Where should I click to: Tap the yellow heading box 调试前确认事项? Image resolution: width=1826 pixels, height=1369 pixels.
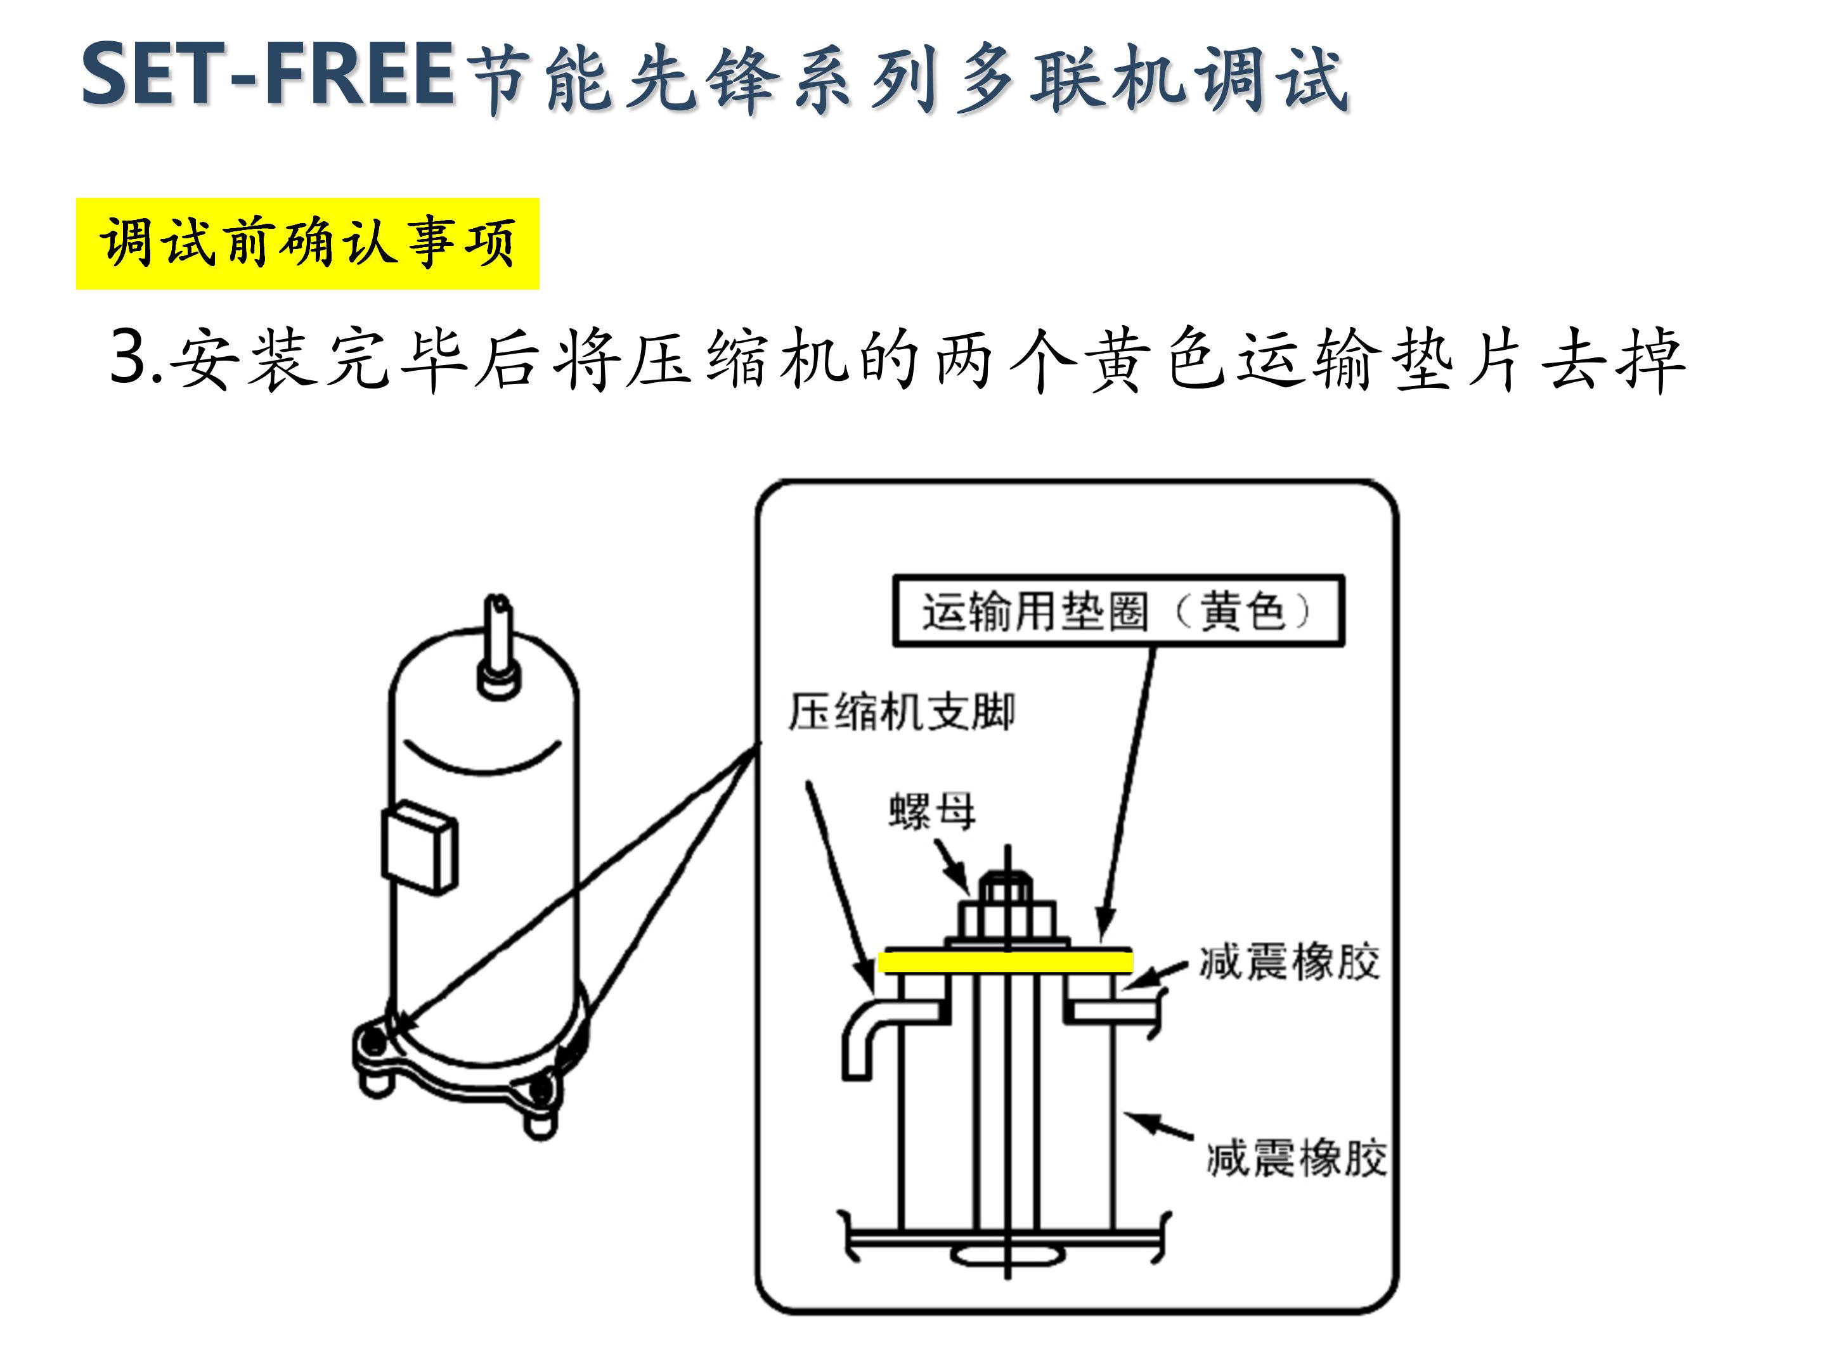pyautogui.click(x=307, y=243)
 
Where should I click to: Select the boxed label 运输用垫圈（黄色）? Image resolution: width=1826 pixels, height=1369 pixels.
pyautogui.click(x=1118, y=612)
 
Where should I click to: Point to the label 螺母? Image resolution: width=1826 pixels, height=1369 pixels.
pyautogui.click(x=932, y=811)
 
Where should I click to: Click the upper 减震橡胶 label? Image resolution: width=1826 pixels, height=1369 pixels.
pyautogui.click(x=1288, y=962)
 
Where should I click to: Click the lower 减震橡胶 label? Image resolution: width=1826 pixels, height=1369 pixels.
pyautogui.click(x=1296, y=1158)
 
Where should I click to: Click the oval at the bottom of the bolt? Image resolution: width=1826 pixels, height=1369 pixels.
pyautogui.click(x=1007, y=1256)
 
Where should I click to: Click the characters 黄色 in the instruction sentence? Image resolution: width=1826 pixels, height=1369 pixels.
pyautogui.click(x=1156, y=358)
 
